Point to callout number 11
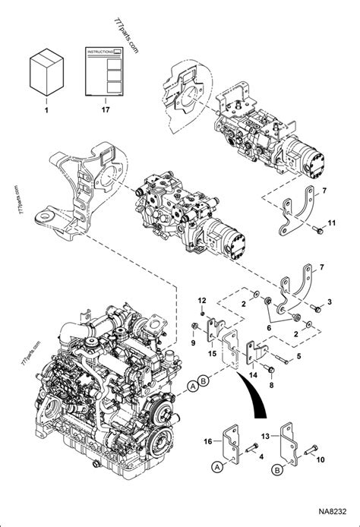click(331, 222)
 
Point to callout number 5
click(298, 356)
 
